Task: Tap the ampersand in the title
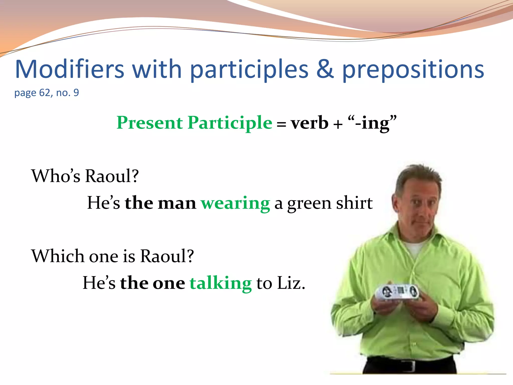325,69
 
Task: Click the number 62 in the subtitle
45,93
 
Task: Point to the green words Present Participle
194,123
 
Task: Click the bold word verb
309,123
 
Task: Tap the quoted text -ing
372,123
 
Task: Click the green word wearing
235,203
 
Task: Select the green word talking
220,283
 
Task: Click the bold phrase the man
160,203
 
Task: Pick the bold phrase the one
152,283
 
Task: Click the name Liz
291,283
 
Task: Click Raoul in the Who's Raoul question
112,176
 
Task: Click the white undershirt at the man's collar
416,248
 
